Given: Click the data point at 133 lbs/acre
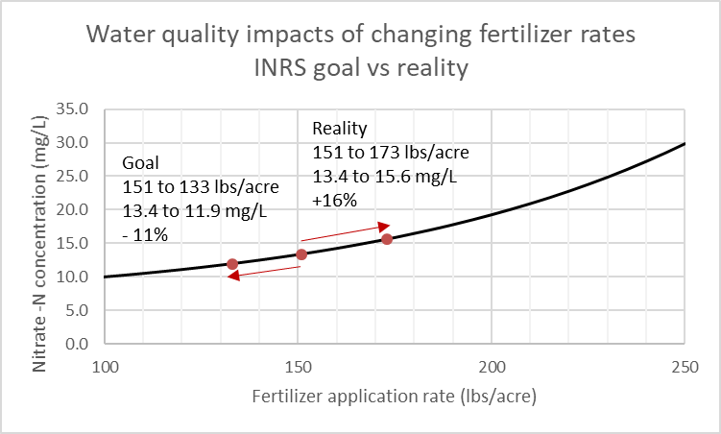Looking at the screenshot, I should point(232,264).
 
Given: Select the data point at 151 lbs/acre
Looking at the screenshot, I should point(301,254).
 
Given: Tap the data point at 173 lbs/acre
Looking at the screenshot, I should point(387,239).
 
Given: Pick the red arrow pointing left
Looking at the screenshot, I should point(265,273).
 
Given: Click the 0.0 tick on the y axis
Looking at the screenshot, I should point(79,344).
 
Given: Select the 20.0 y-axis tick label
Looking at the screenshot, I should point(75,210).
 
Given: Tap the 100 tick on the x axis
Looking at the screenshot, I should point(105,366).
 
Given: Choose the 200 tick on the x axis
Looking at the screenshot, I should point(492,366).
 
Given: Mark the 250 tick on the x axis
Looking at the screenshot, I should point(684,366).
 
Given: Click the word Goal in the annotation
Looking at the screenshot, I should point(139,163).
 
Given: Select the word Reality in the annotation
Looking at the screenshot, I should point(340,129).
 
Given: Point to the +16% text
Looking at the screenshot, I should point(335,201).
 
